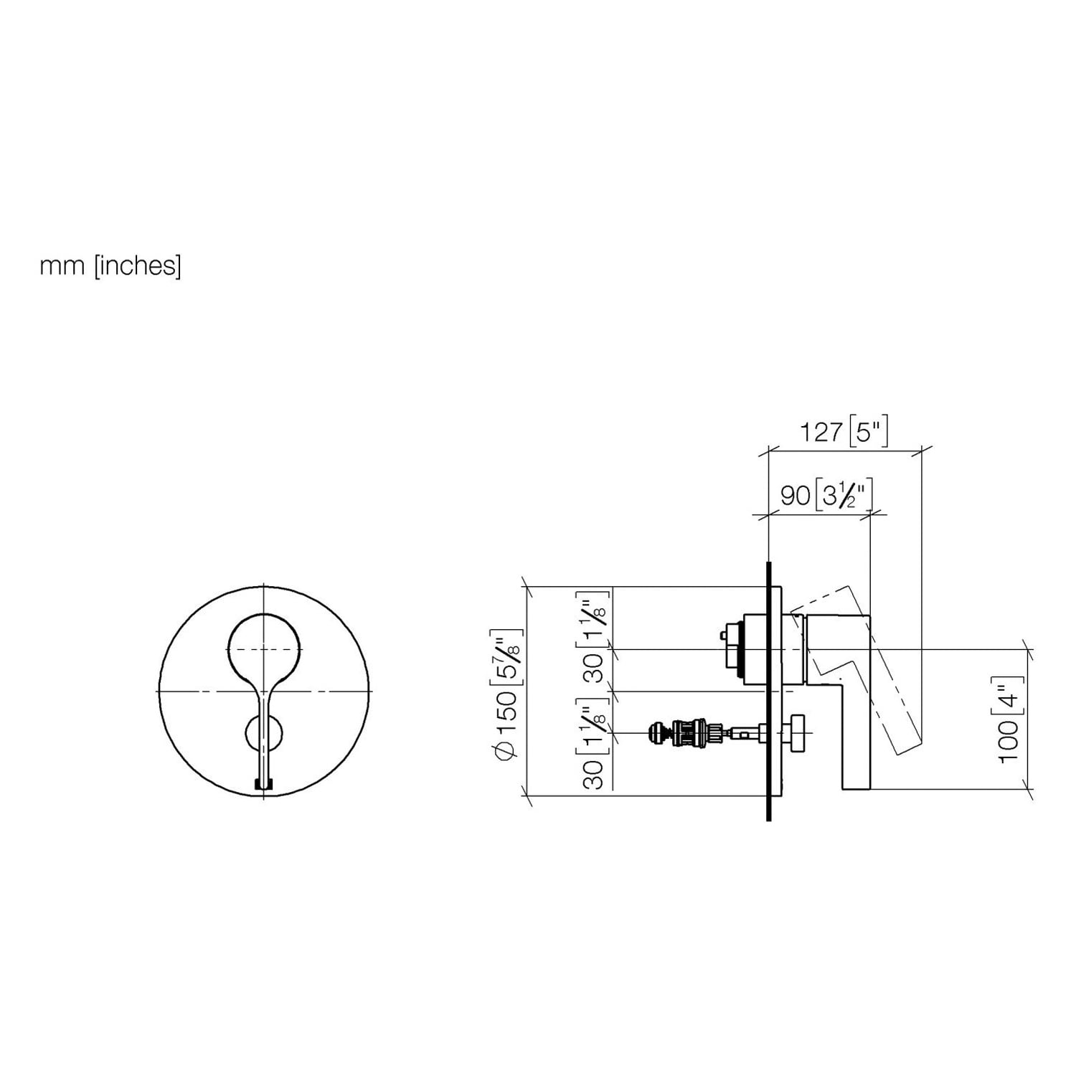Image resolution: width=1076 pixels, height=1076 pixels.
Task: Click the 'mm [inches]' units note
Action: [x=110, y=266]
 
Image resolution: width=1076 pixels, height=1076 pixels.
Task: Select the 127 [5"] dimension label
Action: [x=844, y=432]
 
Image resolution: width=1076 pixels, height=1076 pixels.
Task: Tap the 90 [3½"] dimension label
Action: [x=826, y=495]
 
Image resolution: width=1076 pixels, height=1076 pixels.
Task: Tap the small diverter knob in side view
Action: [x=798, y=733]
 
